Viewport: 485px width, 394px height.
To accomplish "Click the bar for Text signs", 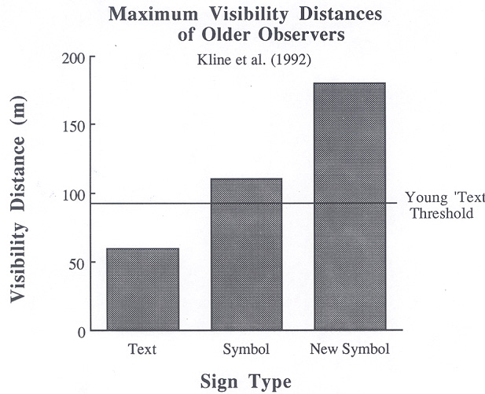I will (x=142, y=289).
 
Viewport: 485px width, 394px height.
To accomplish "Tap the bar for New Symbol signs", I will (x=350, y=206).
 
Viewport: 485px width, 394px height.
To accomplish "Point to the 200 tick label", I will (x=74, y=59).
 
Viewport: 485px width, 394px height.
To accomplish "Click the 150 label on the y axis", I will (x=74, y=125).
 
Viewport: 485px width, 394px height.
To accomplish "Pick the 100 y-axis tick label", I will (x=74, y=194).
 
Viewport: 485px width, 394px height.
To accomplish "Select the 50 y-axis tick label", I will (x=77, y=262).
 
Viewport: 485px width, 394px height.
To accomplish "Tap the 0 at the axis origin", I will (x=81, y=330).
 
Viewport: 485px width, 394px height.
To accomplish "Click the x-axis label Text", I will (x=142, y=348).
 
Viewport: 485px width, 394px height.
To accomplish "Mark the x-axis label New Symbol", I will (x=350, y=348).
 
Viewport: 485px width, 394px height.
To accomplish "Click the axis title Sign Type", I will (x=245, y=381).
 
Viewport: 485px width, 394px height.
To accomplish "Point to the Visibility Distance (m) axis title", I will (x=20, y=193).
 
